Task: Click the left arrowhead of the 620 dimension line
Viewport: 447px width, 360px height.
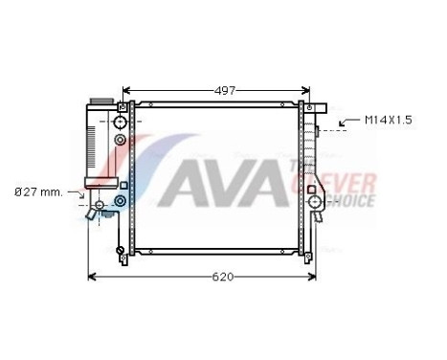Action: click(x=92, y=278)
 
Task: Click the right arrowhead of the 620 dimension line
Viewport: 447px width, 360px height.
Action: click(x=312, y=278)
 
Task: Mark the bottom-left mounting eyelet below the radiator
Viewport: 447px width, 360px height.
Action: click(x=121, y=254)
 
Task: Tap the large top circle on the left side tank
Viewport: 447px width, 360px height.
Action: click(x=121, y=124)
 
